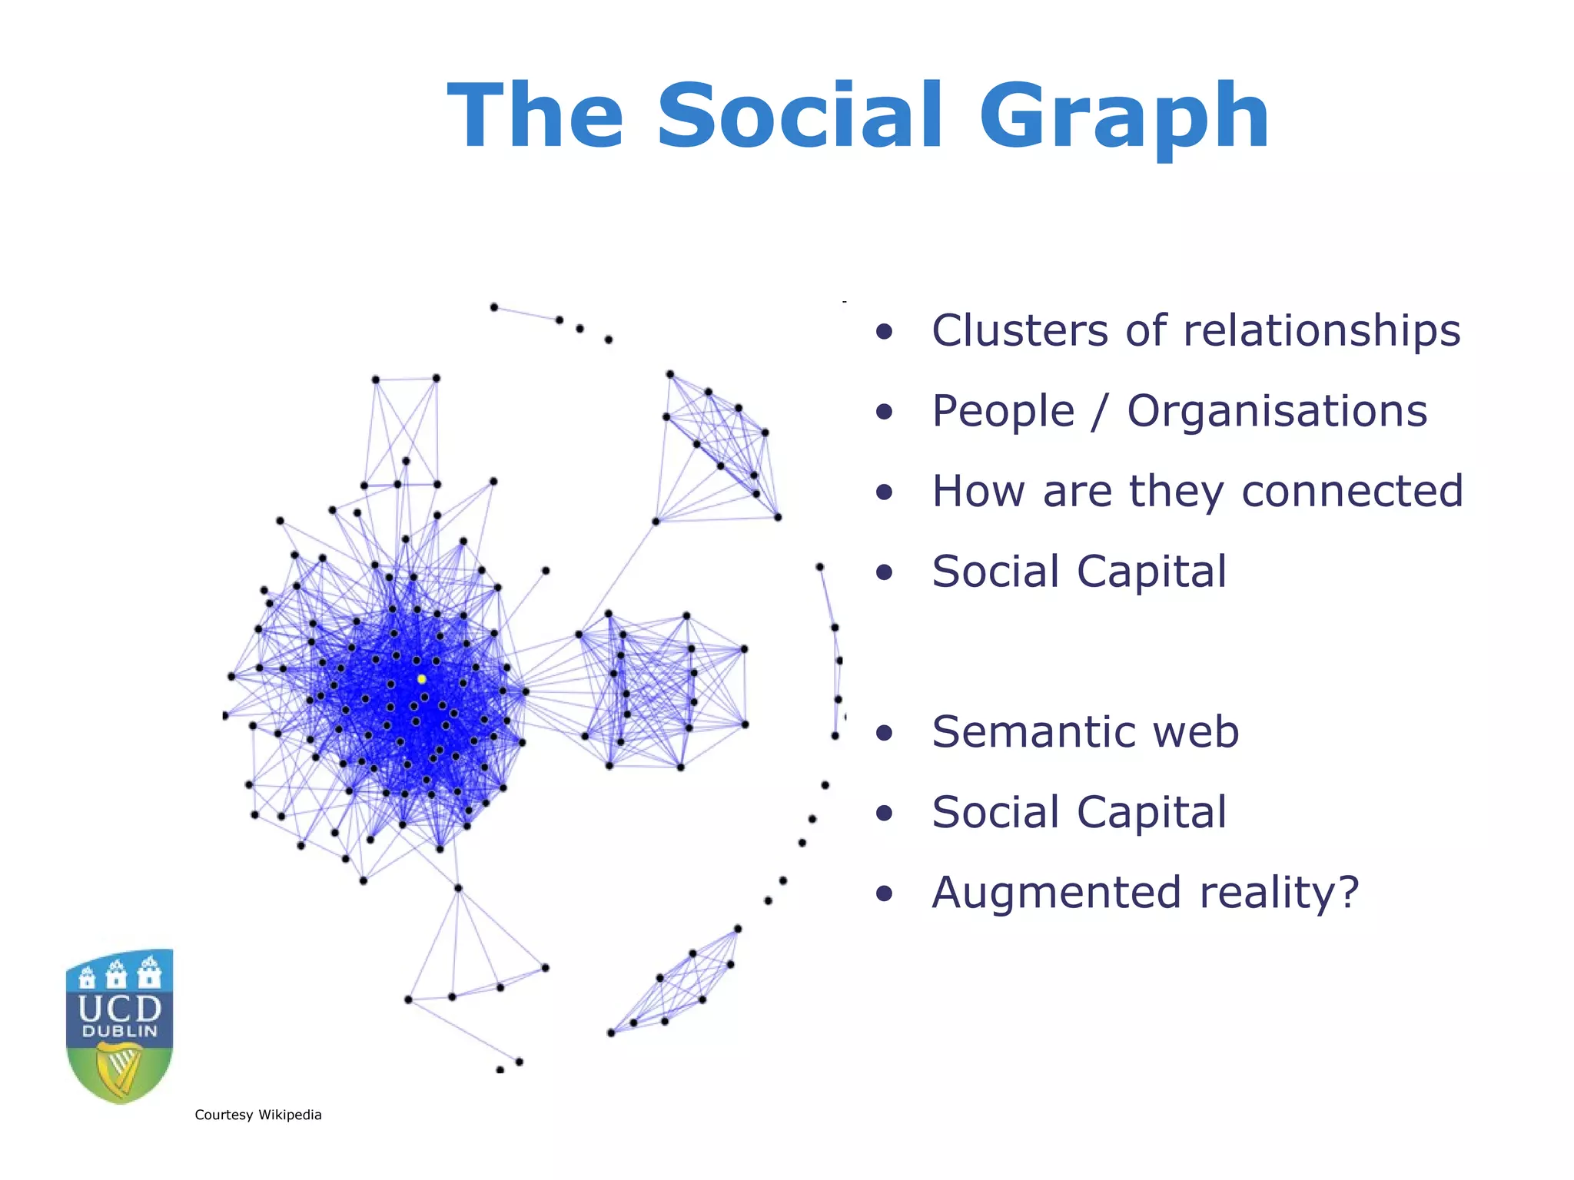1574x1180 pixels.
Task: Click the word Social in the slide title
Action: click(x=799, y=117)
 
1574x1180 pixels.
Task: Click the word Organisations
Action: click(x=1277, y=412)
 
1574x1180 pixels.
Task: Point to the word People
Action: click(x=1002, y=412)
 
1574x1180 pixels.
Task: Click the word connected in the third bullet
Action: click(x=1352, y=492)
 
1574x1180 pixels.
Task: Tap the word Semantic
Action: click(x=1034, y=732)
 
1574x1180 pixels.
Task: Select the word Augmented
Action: click(x=1056, y=893)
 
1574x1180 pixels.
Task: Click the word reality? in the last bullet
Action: click(x=1279, y=893)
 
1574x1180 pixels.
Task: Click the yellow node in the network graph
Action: click(x=421, y=679)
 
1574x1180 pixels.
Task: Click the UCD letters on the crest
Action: click(x=120, y=1008)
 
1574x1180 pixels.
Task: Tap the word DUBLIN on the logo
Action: click(x=120, y=1032)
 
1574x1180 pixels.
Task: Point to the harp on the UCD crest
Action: click(x=120, y=1068)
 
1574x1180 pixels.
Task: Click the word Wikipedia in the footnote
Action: click(x=290, y=1115)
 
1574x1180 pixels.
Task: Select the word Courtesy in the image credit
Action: click(x=223, y=1115)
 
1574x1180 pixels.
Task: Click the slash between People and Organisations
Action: click(x=1101, y=412)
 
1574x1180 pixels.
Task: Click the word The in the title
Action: click(x=535, y=117)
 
